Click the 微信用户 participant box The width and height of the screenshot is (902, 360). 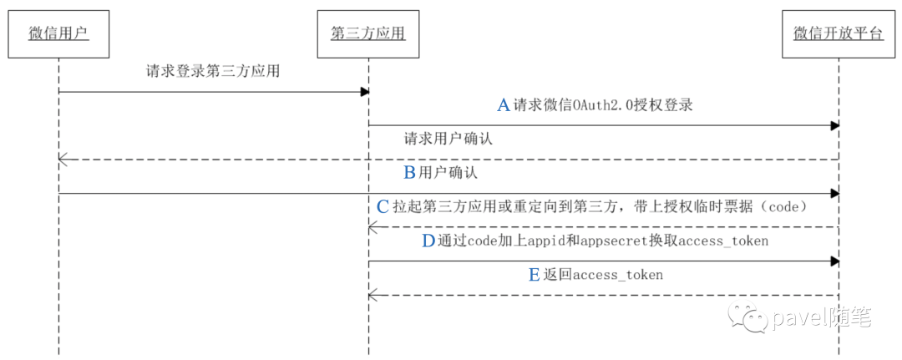pyautogui.click(x=58, y=34)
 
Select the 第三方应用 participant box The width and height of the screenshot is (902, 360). pyautogui.click(x=368, y=34)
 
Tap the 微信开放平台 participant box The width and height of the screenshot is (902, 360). pyautogui.click(x=838, y=34)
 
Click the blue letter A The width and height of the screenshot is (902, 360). pyautogui.click(x=504, y=105)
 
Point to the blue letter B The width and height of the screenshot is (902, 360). pyautogui.click(x=409, y=173)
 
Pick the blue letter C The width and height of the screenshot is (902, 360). pyautogui.click(x=383, y=206)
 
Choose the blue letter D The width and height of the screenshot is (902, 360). pyautogui.click(x=428, y=241)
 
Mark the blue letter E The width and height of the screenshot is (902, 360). pyautogui.click(x=535, y=275)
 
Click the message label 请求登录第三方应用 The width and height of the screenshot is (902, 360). pyautogui.click(x=212, y=72)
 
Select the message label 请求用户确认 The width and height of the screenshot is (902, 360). pyautogui.click(x=448, y=139)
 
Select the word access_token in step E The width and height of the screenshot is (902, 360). pyautogui.click(x=618, y=275)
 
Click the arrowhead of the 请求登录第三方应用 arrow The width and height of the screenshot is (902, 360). pyautogui.click(x=364, y=92)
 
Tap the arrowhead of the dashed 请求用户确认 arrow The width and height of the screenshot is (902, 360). pyautogui.click(x=63, y=159)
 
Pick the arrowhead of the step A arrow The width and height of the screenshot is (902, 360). pyautogui.click(x=834, y=125)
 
